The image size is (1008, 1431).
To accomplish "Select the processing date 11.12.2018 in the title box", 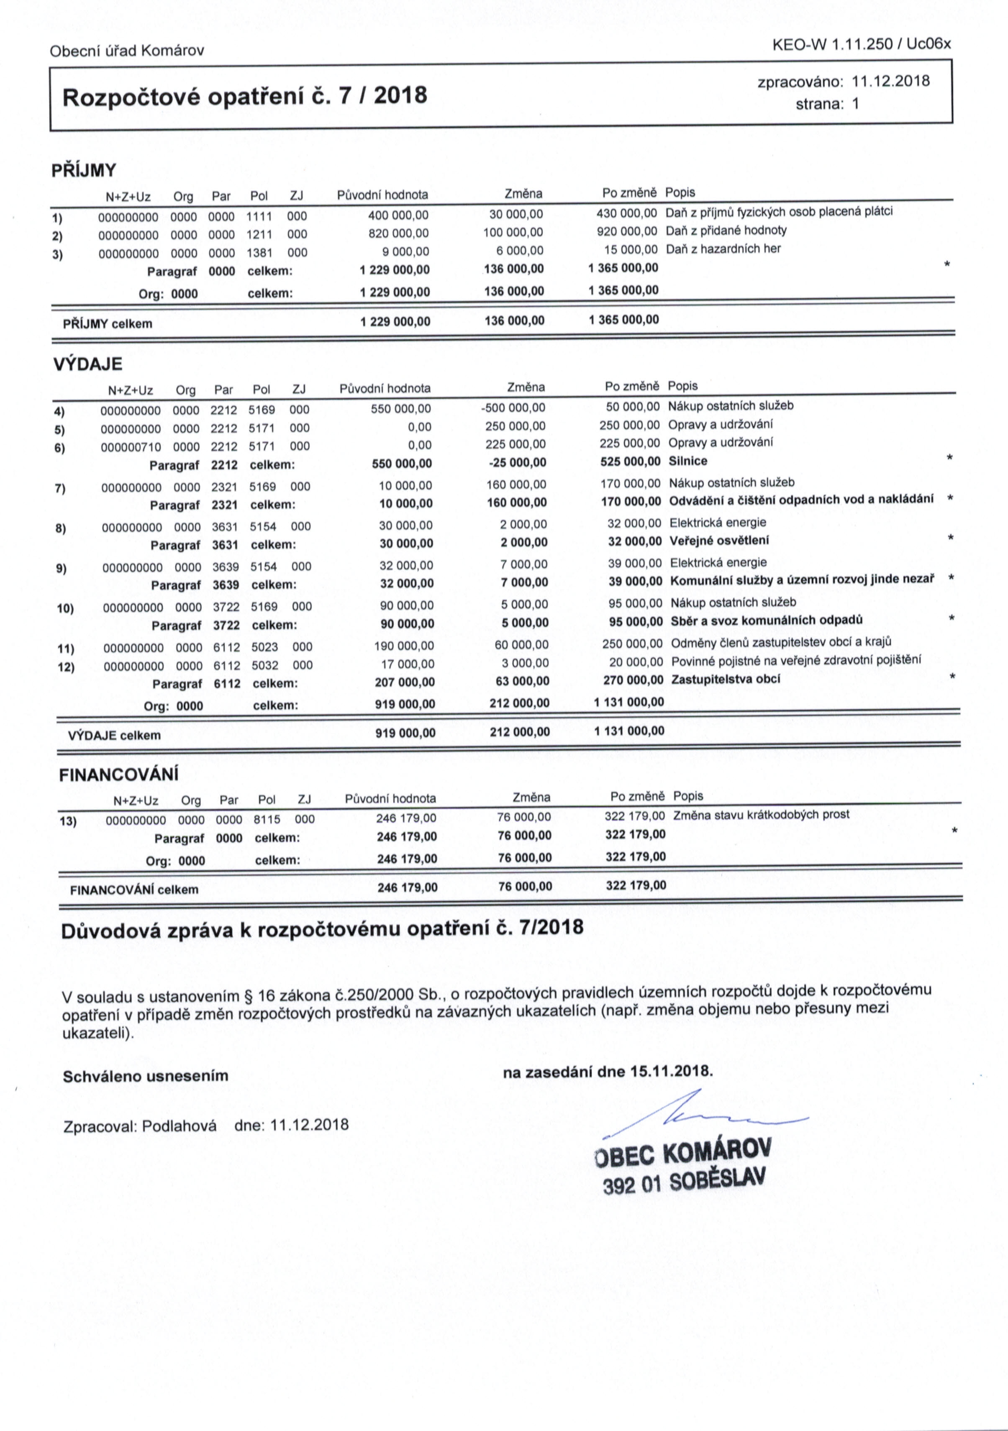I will coord(890,81).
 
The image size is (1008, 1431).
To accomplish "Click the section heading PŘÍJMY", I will coord(84,170).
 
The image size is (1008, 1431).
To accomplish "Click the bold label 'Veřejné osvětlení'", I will coord(719,540).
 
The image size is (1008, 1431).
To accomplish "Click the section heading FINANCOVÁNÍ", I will coord(118,775).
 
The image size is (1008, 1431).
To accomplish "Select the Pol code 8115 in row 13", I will coord(267,819).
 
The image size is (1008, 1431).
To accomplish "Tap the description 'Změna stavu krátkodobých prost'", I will coord(761,815).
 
